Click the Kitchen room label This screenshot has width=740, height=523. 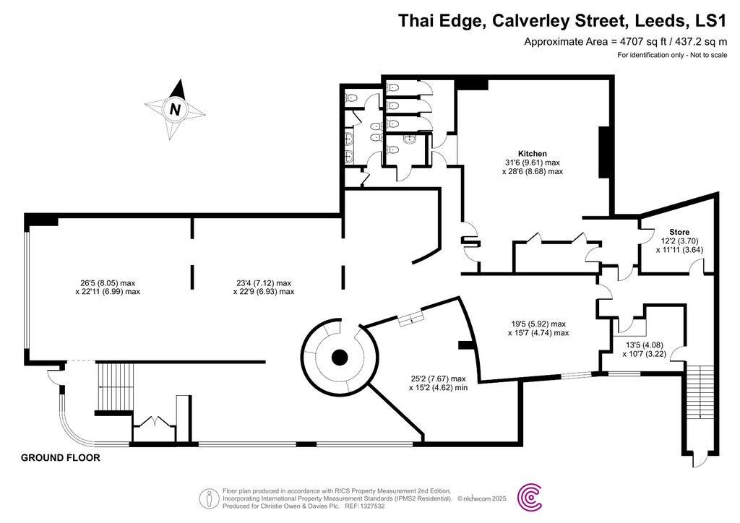pyautogui.click(x=532, y=154)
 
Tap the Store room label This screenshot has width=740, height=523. pyautogui.click(x=679, y=232)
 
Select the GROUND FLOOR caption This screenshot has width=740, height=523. pyautogui.click(x=60, y=458)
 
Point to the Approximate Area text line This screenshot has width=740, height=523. pyautogui.click(x=625, y=42)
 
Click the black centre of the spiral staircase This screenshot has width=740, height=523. pyautogui.click(x=339, y=358)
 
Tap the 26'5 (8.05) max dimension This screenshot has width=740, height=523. pyautogui.click(x=108, y=282)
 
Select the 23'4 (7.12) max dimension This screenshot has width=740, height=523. pyautogui.click(x=264, y=282)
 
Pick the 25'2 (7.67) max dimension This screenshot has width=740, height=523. pyautogui.click(x=437, y=379)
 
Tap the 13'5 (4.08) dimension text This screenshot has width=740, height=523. pyautogui.click(x=640, y=345)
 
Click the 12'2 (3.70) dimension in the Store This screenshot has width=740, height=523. pyautogui.click(x=679, y=241)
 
